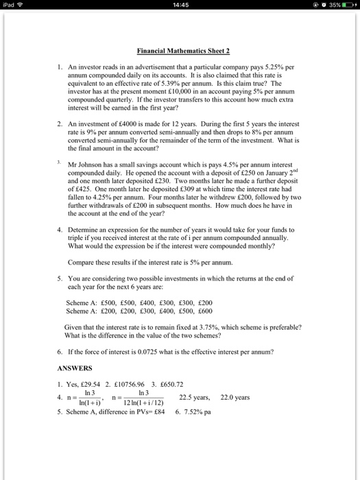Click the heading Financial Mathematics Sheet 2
click(180, 51)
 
